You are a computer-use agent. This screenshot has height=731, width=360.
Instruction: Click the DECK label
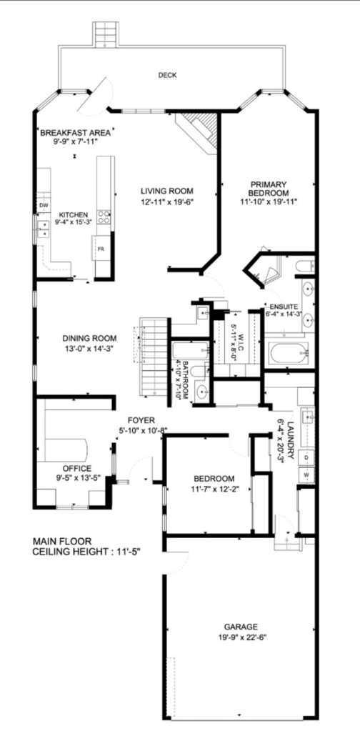[167, 75]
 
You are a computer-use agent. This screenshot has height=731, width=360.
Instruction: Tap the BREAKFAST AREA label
[74, 133]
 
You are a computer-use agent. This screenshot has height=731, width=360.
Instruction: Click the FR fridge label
[101, 249]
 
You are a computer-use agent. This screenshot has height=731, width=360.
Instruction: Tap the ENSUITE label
[284, 306]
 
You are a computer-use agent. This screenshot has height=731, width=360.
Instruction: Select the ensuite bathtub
[289, 353]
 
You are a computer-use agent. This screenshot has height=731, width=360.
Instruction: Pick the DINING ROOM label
[89, 339]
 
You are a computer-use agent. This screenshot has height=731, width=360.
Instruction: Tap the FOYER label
[141, 420]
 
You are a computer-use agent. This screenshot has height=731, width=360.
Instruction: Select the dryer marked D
[306, 457]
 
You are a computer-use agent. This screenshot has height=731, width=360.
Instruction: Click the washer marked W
[306, 474]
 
